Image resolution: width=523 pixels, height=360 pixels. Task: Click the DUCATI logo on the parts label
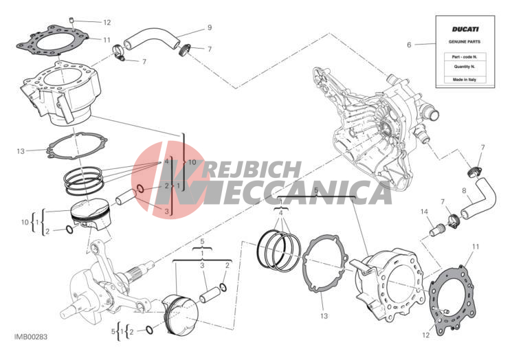(465, 30)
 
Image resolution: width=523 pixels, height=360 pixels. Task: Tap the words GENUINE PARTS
(465, 42)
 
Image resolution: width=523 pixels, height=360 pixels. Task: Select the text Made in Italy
(465, 80)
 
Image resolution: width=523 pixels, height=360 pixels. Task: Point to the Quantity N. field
(465, 67)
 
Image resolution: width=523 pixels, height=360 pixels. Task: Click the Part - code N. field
(465, 57)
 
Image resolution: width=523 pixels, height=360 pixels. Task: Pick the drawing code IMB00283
(31, 337)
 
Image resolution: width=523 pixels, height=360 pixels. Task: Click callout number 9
(210, 27)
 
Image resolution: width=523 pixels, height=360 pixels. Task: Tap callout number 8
(464, 191)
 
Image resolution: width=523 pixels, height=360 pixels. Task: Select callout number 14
(424, 212)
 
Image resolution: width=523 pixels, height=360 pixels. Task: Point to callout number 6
(409, 45)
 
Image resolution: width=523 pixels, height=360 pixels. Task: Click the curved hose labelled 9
(152, 38)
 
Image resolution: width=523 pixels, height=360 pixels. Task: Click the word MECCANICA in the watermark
(302, 192)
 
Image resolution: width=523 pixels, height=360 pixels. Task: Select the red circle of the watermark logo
(169, 180)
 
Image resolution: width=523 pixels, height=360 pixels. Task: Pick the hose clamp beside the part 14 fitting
(452, 221)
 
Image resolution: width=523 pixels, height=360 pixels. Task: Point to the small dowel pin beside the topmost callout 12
(71, 21)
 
